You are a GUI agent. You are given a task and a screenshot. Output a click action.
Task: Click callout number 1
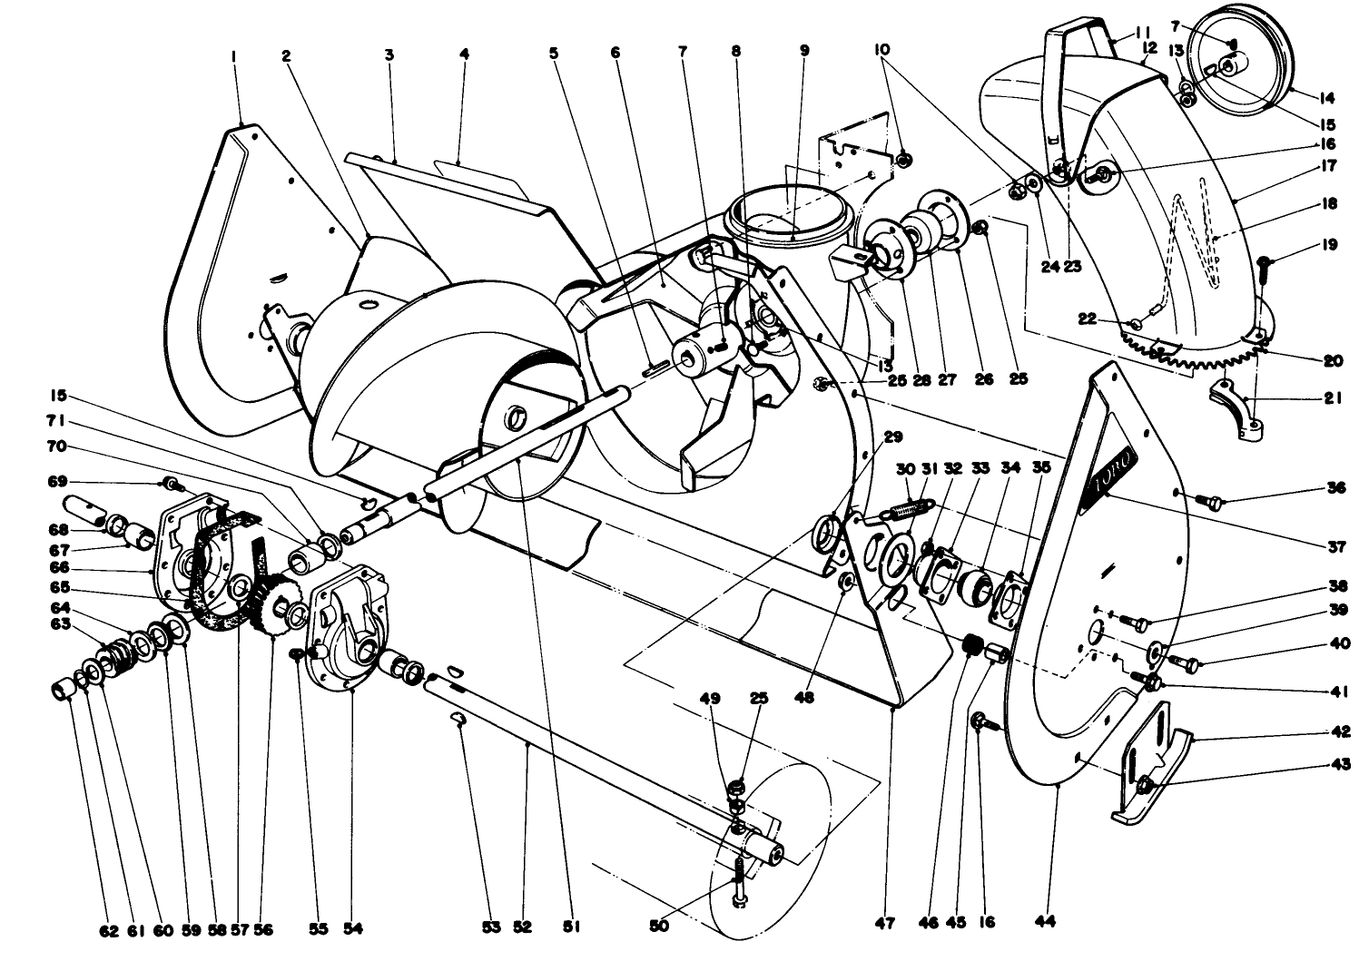click(x=234, y=54)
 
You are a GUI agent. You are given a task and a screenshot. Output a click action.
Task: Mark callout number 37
click(x=1333, y=546)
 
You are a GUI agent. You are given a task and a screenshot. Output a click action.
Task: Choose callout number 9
click(x=803, y=52)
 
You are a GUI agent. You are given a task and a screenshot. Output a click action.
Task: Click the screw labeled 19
click(x=1264, y=263)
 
